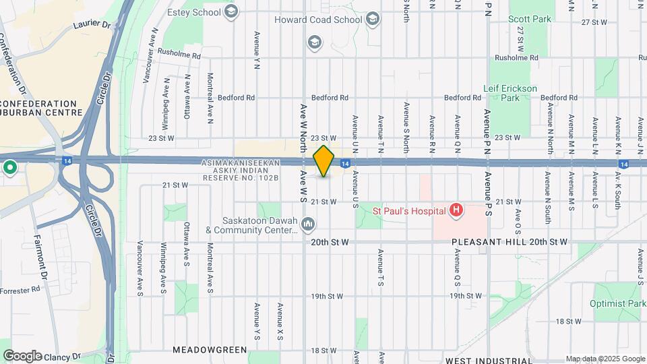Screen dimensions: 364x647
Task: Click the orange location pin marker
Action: tap(324, 161)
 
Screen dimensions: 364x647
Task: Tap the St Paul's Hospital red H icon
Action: tap(456, 211)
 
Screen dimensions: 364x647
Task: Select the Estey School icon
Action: tap(232, 11)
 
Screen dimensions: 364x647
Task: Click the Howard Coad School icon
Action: tap(373, 20)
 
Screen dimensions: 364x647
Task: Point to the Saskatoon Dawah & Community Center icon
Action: tap(308, 223)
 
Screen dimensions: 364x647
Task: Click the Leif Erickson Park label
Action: tap(510, 93)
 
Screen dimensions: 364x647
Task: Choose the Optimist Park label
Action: tap(617, 305)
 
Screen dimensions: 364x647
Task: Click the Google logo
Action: tap(22, 355)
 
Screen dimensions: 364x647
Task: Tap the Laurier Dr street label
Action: tap(92, 24)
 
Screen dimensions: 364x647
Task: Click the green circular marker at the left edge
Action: tap(9, 166)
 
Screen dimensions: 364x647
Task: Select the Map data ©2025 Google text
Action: tap(605, 359)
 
